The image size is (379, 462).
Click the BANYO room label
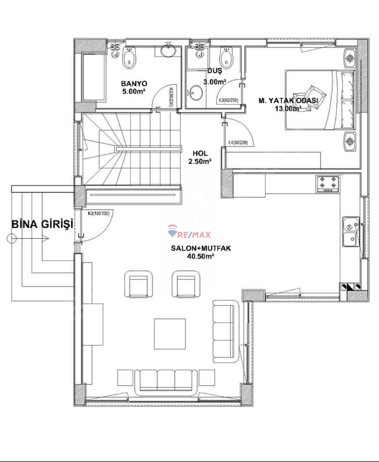[134, 84]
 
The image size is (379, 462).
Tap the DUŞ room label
[214, 71]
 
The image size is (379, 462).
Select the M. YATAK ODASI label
[288, 100]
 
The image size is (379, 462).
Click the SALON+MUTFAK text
[201, 249]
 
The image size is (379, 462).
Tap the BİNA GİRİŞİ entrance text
[42, 225]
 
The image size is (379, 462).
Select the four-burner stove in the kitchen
[328, 184]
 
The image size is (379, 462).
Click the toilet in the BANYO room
[129, 58]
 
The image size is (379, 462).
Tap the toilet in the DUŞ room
[226, 58]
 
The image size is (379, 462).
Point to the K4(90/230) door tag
[237, 142]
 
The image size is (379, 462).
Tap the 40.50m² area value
[201, 256]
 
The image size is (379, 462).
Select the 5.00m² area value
[134, 91]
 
